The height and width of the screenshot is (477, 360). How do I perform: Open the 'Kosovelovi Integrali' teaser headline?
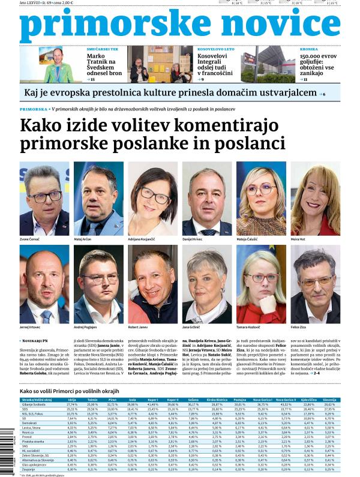pyautogui.click(x=217, y=64)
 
